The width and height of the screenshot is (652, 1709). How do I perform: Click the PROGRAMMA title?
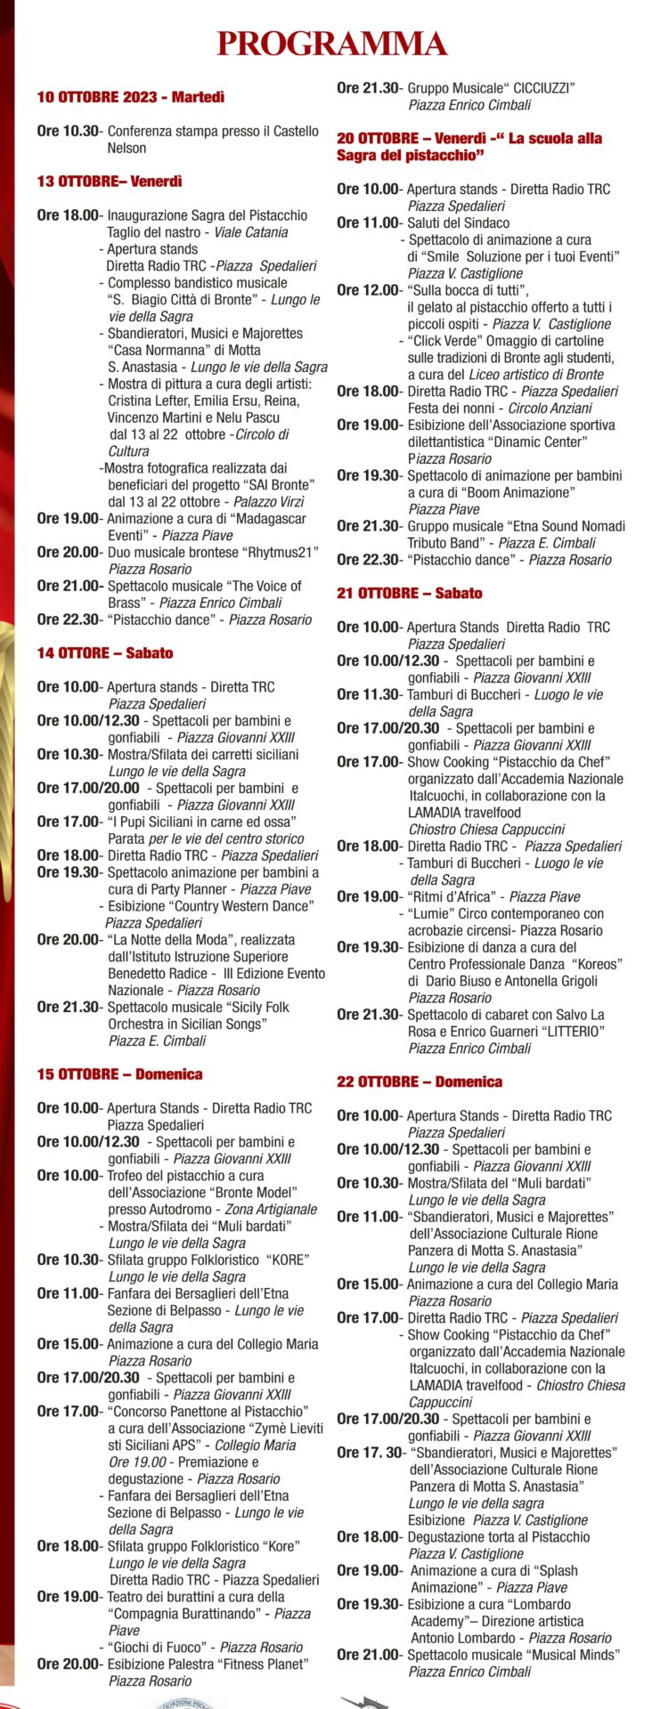click(x=332, y=43)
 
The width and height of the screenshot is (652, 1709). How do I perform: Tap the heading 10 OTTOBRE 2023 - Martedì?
click(x=131, y=97)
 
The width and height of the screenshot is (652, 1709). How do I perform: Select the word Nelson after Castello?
click(x=126, y=148)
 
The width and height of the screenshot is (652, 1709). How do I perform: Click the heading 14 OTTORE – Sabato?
click(x=105, y=653)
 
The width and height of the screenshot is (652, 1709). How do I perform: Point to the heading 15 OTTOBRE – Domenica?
click(x=119, y=1074)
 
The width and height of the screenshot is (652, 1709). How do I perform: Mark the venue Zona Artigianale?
click(x=271, y=1210)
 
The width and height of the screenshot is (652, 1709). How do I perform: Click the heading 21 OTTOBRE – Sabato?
click(x=410, y=594)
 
